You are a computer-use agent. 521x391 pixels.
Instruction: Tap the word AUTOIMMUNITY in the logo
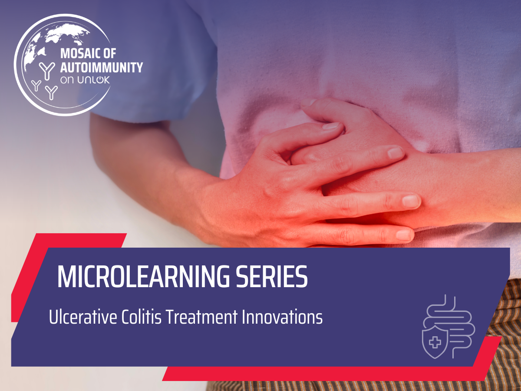(102, 67)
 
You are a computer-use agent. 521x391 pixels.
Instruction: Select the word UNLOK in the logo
(93, 80)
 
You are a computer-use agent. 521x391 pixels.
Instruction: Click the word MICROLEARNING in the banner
(143, 277)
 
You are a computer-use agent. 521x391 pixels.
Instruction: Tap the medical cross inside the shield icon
(435, 342)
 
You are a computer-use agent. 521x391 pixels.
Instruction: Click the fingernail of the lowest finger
(403, 235)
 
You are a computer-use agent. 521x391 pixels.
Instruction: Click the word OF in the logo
(110, 53)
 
